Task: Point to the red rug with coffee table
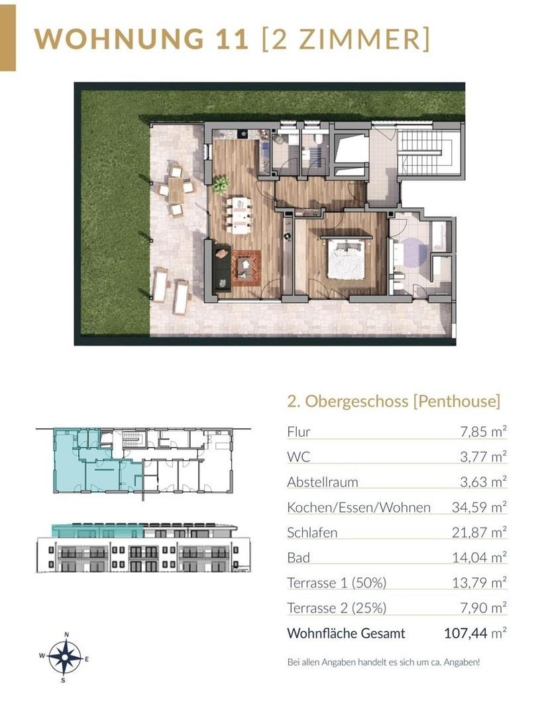coord(246,268)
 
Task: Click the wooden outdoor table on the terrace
coord(176,190)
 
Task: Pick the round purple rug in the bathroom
coord(414,253)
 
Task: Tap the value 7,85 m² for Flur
coord(483,432)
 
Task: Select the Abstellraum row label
coord(322,482)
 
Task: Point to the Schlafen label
coord(312,532)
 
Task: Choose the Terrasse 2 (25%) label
coord(337,608)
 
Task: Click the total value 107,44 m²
coord(475,633)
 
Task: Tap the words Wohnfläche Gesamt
coord(346,634)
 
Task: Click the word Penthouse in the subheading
coord(457,401)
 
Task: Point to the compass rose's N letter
coord(67,634)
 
